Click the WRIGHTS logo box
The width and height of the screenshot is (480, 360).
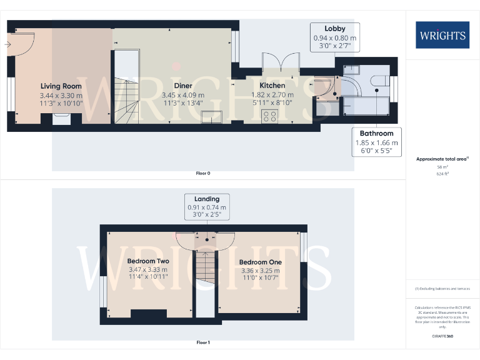click(x=442, y=35)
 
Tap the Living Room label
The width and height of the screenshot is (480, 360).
click(x=61, y=86)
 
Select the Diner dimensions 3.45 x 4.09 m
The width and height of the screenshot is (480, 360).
click(x=183, y=95)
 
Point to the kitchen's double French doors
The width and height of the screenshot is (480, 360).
click(x=280, y=62)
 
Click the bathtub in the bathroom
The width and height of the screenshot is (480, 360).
click(x=369, y=105)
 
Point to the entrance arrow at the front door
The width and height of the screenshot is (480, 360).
click(x=9, y=44)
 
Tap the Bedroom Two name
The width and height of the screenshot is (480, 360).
click(x=148, y=261)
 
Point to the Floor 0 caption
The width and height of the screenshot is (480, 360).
click(x=203, y=173)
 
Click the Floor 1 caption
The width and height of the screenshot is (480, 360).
click(x=203, y=342)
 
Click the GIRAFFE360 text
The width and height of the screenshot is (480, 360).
click(x=442, y=337)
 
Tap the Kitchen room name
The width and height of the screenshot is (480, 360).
click(x=272, y=86)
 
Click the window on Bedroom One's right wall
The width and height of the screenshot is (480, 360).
click(x=303, y=247)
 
